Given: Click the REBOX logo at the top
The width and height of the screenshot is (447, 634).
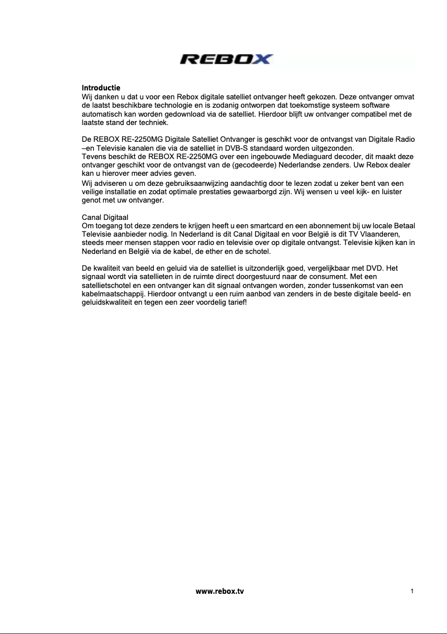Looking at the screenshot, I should (226, 60).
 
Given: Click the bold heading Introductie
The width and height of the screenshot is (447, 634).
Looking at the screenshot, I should (101, 88).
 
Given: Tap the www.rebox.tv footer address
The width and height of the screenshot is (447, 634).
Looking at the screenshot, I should (220, 590).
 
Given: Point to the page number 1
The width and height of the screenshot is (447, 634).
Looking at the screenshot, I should (411, 590).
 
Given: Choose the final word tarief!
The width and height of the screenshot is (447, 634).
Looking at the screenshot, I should (234, 302).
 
